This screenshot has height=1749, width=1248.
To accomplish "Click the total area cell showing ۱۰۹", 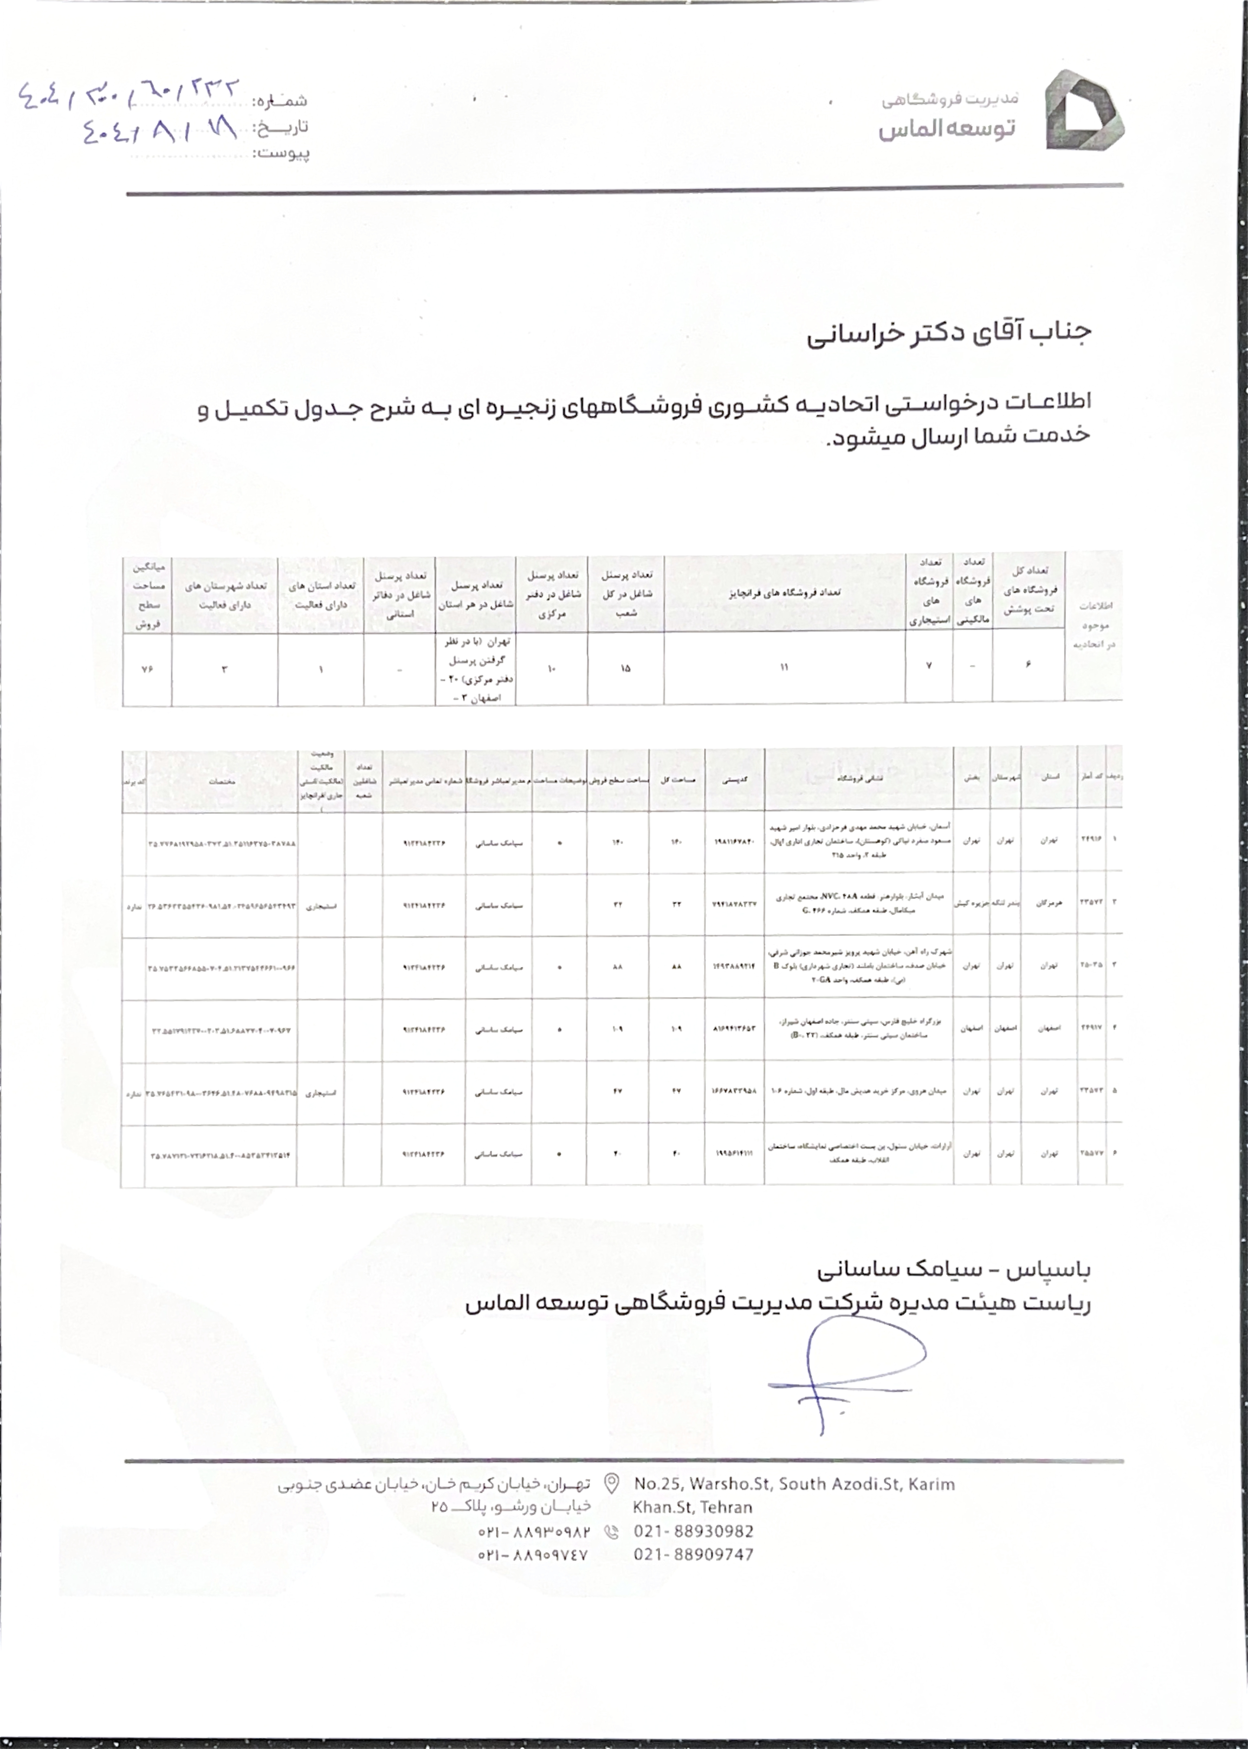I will (x=676, y=1029).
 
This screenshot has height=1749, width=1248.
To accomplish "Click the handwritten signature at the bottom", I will (x=845, y=1376).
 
